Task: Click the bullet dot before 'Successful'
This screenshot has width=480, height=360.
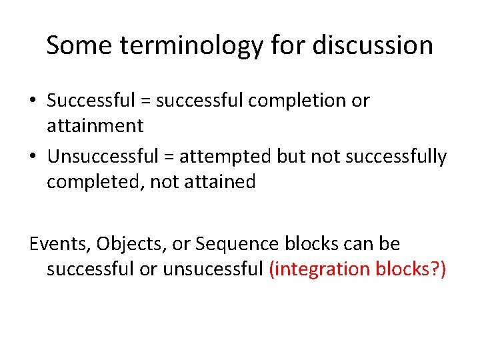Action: pos(33,101)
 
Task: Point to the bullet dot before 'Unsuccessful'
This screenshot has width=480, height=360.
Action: pos(33,157)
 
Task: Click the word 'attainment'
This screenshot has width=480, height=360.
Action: pos(95,125)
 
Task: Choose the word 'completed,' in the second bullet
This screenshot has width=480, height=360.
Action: pos(95,182)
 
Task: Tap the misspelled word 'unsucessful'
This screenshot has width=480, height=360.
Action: pos(221,269)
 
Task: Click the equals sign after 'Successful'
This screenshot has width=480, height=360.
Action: pos(145,101)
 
